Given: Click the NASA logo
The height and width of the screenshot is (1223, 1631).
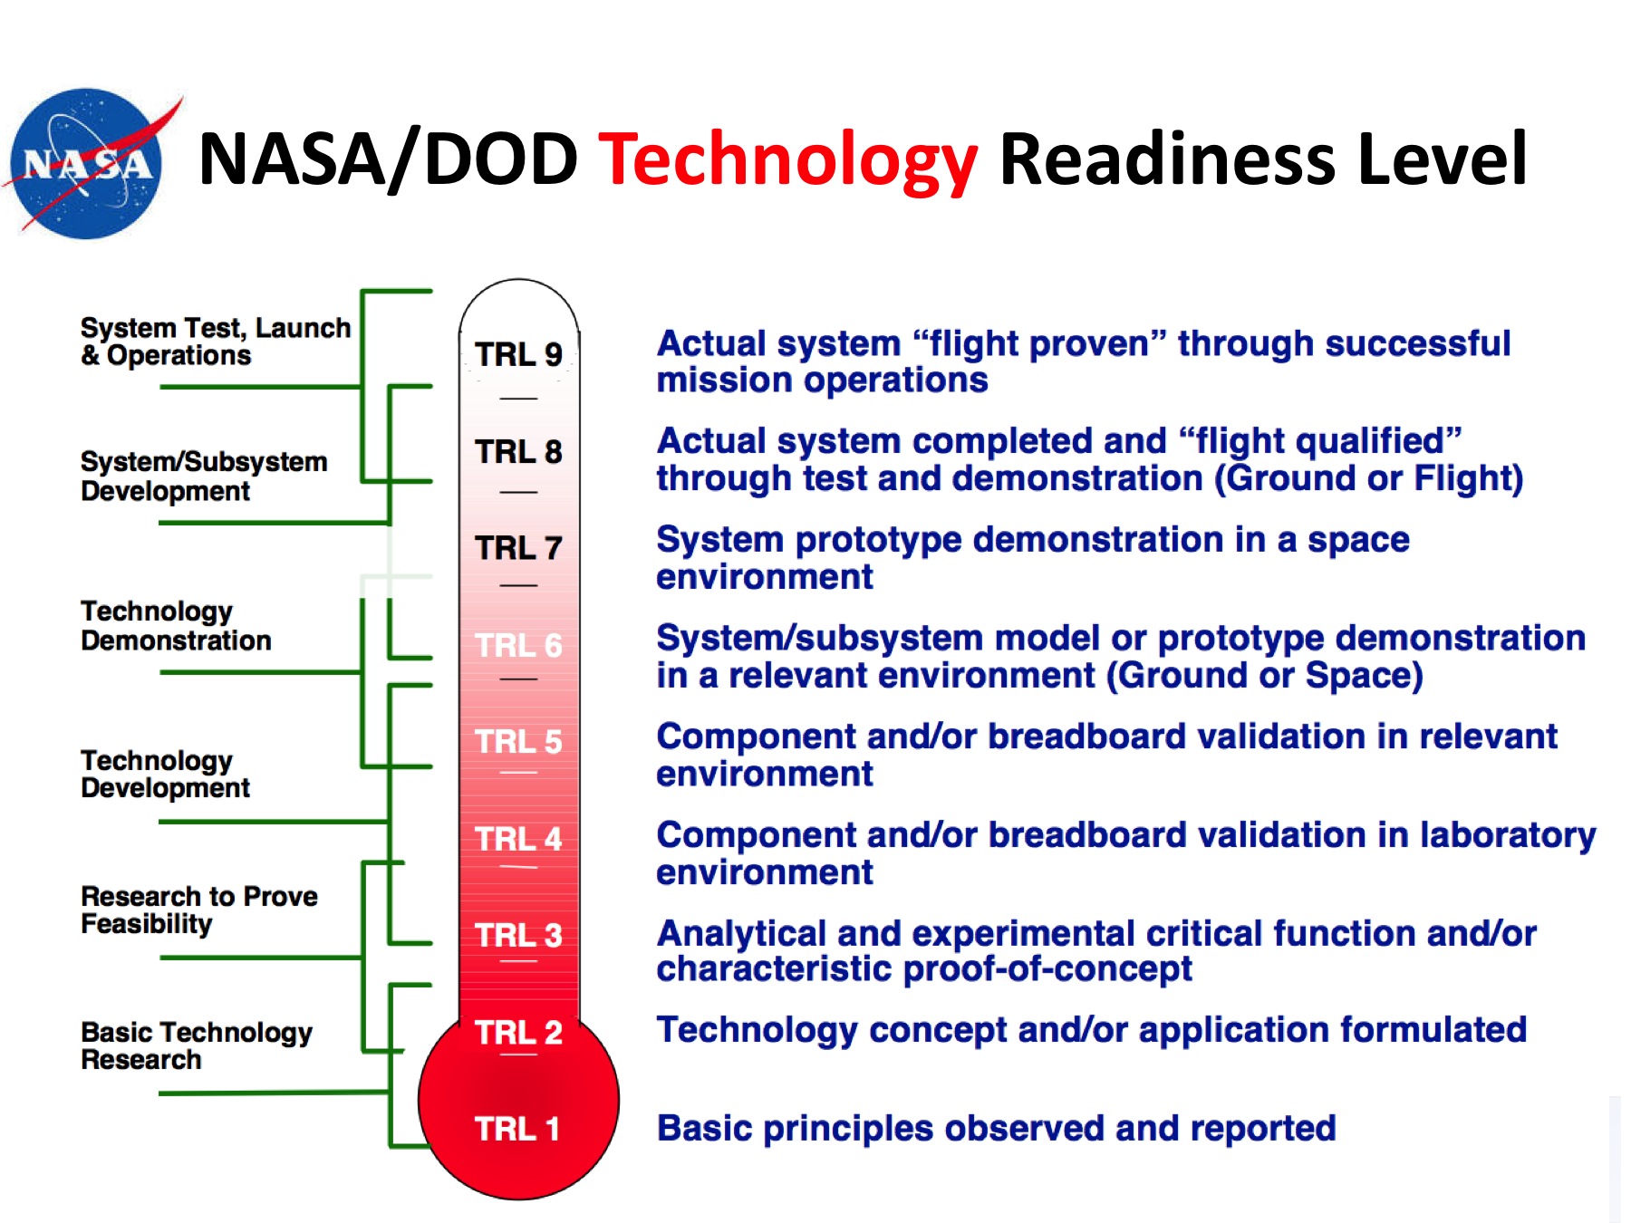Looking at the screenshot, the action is (x=89, y=164).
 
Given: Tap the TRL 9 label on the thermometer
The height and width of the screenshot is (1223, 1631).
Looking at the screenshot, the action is (x=518, y=354).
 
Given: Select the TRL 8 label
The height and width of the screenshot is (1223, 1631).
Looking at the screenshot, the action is (x=518, y=451).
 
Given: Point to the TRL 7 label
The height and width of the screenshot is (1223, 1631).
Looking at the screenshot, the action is (x=518, y=548).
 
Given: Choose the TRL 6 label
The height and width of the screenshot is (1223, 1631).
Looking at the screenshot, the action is (x=518, y=645).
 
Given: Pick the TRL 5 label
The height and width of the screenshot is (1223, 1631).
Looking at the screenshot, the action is (x=518, y=742).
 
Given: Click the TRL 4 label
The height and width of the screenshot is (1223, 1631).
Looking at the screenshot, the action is (x=518, y=839).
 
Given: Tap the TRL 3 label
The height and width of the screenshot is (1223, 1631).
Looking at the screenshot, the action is (x=518, y=935).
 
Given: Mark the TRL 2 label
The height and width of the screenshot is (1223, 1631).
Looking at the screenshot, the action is (x=518, y=1032).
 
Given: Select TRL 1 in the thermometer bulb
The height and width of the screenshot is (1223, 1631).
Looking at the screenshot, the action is (x=517, y=1129).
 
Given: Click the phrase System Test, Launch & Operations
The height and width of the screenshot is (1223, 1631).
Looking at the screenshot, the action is (x=216, y=342).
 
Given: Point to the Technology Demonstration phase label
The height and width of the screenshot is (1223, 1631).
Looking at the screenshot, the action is (x=176, y=626).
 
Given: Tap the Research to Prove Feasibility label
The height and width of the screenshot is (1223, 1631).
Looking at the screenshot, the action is (x=199, y=910).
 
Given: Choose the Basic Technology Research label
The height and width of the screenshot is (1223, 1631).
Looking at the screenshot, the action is (x=197, y=1045).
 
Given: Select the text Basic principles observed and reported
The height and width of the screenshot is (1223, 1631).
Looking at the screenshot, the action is (x=997, y=1129).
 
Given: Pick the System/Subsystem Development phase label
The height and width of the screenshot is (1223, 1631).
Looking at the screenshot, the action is (x=204, y=477).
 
